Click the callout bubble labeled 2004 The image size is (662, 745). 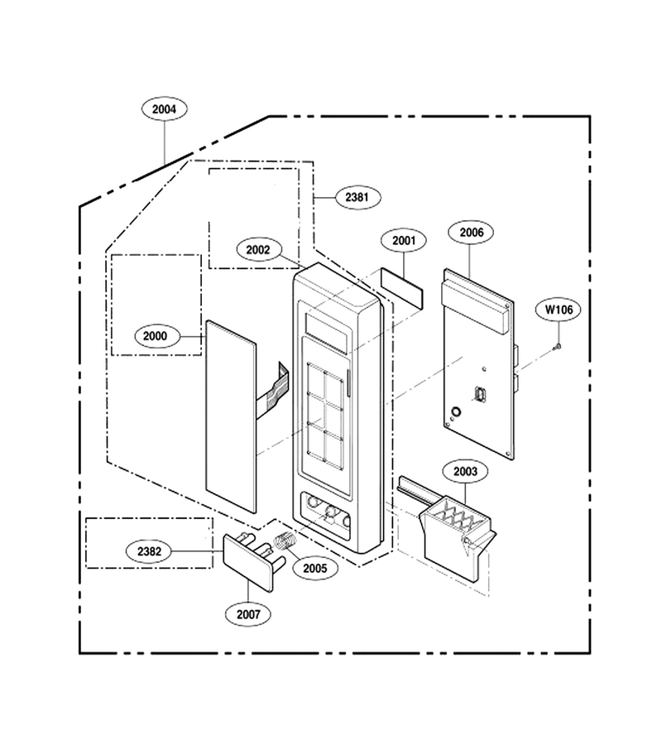coord(165,108)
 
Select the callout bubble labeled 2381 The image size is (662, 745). coord(358,197)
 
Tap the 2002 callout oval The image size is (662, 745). coord(258,249)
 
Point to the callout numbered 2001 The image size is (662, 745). coord(404,240)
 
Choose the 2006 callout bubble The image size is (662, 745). coord(471,233)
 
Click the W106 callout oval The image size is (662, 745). coord(559,310)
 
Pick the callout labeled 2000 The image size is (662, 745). coord(156,336)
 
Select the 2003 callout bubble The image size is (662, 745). coord(465,471)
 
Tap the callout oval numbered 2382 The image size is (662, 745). coord(149,551)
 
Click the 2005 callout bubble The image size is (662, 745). coord(315,568)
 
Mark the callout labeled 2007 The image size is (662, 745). coord(248,614)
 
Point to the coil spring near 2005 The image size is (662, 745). coord(285,541)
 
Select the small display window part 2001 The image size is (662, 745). coord(401,288)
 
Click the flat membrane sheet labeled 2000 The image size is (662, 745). coord(231,416)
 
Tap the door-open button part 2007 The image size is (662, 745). coord(253,561)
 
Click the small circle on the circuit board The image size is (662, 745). coord(455,411)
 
